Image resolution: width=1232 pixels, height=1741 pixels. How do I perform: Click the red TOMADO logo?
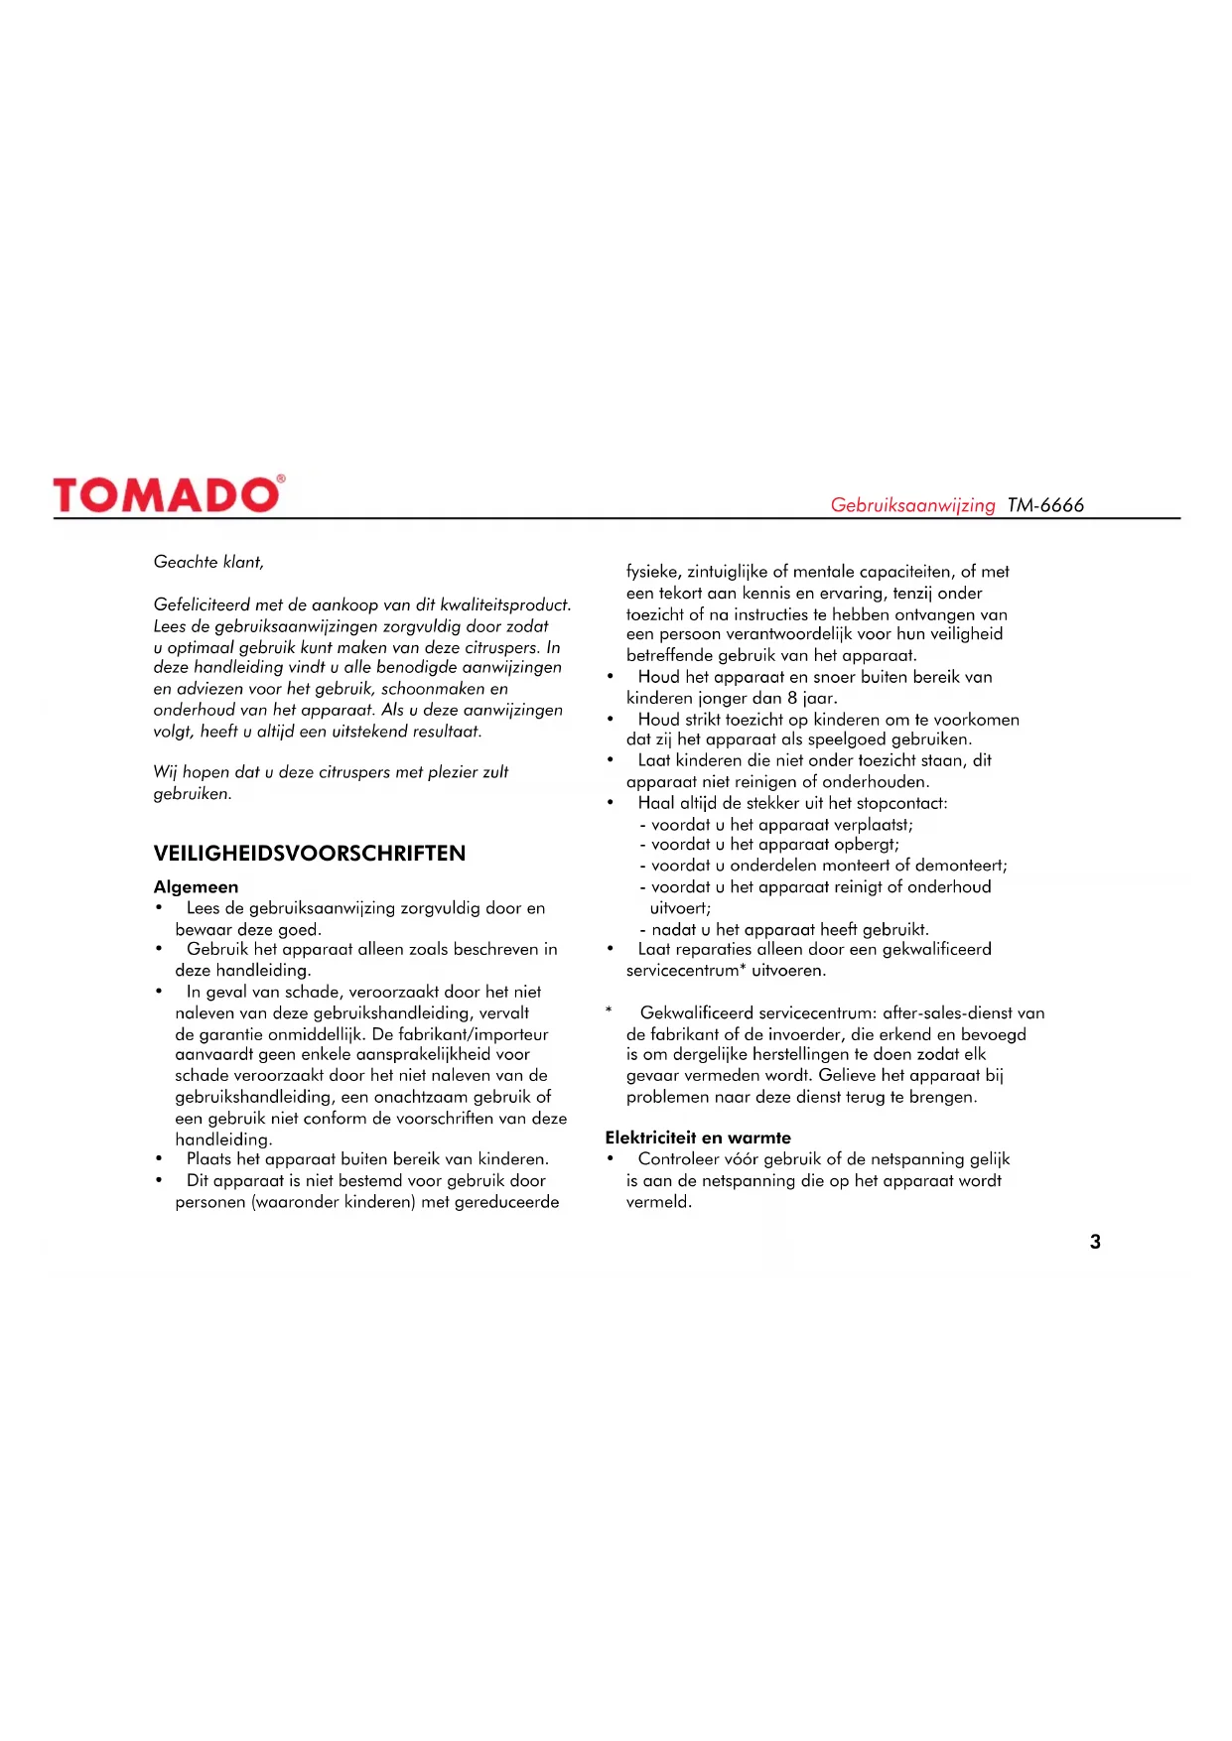[167, 494]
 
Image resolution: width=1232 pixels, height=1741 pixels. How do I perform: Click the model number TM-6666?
[1045, 505]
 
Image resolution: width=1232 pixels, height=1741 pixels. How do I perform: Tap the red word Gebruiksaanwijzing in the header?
[912, 505]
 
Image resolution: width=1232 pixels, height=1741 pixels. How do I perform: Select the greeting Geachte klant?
[208, 562]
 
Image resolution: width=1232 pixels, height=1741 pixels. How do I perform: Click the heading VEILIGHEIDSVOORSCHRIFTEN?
[309, 854]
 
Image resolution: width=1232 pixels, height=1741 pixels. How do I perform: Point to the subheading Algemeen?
[196, 886]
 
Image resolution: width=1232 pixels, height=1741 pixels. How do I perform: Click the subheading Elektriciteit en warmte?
[698, 1138]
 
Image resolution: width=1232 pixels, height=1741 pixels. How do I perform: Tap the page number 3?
[1095, 1242]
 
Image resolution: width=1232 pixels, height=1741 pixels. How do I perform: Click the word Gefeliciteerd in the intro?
[202, 604]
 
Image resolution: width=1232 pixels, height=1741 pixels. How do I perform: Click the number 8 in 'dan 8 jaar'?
[792, 698]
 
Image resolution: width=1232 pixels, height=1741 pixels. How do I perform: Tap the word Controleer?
[680, 1159]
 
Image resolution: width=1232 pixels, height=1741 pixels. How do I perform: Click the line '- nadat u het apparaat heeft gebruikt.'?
[784, 930]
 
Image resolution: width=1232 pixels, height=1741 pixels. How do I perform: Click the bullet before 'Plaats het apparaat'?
[159, 1159]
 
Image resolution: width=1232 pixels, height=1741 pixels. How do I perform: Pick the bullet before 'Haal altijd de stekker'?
[611, 803]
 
